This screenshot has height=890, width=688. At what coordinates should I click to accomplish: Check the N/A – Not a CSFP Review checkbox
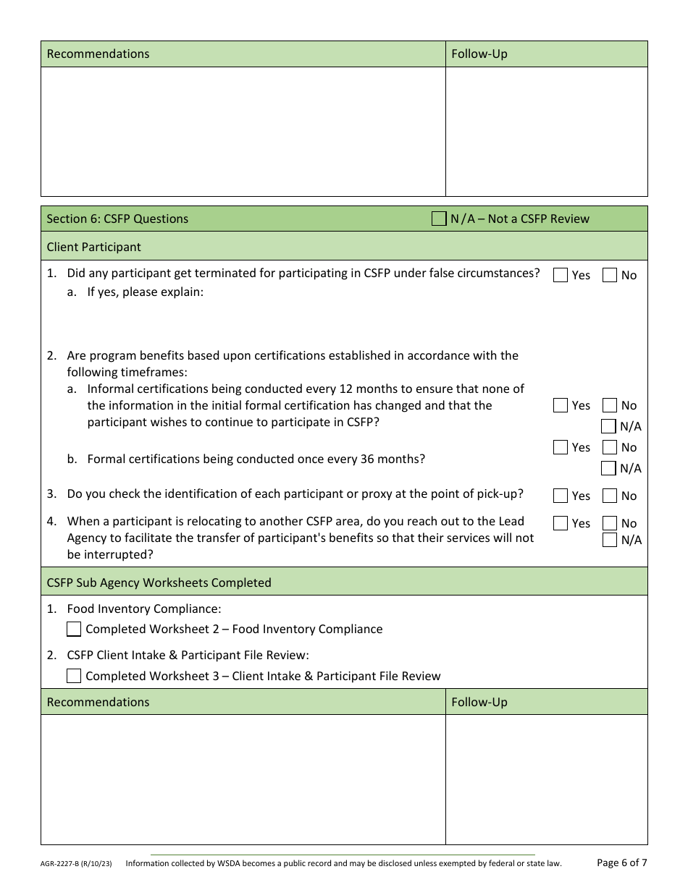click(439, 219)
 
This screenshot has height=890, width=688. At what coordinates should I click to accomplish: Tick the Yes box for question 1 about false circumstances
click(560, 275)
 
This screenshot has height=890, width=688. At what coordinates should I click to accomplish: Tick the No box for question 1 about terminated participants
click(609, 275)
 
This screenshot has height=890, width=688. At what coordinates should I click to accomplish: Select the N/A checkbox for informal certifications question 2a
click(608, 426)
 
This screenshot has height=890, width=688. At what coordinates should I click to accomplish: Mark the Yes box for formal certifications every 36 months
click(560, 447)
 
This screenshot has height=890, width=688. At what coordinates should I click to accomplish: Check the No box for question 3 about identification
click(609, 496)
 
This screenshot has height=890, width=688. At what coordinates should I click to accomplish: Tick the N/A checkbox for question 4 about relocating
click(609, 540)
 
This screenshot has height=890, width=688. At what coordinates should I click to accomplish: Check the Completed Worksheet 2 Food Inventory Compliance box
click(74, 629)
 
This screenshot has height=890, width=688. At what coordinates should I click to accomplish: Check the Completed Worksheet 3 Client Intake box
click(74, 676)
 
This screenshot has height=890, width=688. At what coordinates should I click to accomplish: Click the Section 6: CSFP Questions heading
click(117, 219)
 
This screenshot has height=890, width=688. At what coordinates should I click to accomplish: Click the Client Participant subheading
click(94, 247)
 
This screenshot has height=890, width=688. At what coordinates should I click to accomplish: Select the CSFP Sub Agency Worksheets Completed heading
click(159, 582)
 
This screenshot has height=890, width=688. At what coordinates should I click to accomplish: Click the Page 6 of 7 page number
click(621, 863)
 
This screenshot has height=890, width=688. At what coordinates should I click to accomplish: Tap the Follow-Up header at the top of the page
click(479, 54)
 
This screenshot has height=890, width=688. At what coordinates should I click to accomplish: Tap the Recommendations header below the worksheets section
click(98, 702)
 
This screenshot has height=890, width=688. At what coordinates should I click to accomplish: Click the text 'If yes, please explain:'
click(146, 292)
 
